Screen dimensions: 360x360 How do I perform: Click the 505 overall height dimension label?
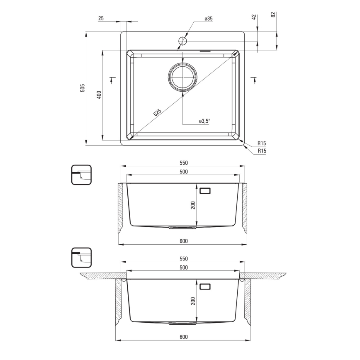83,88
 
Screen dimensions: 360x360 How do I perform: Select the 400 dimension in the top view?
99,95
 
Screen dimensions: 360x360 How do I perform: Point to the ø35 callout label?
208,19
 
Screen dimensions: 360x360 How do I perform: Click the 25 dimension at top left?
101,19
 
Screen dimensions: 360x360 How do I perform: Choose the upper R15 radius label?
262,143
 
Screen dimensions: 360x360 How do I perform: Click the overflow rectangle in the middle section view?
205,191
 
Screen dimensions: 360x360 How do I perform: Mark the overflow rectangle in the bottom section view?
205,287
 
